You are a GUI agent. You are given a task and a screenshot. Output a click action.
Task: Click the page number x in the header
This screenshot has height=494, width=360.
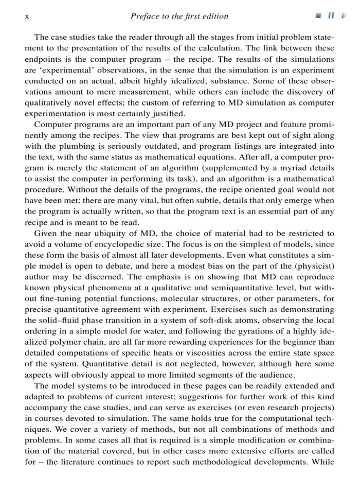(x=26, y=16)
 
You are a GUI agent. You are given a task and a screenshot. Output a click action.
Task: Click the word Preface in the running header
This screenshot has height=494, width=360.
(x=146, y=16)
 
